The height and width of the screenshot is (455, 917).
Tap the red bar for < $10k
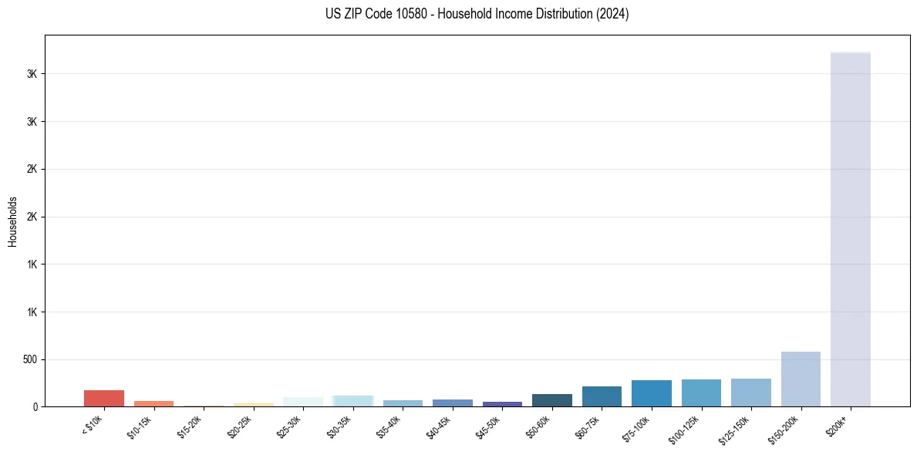pos(104,398)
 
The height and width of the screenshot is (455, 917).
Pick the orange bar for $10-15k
pos(153,403)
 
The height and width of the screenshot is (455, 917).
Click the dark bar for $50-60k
pos(552,400)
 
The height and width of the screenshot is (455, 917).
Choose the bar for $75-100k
pos(652,393)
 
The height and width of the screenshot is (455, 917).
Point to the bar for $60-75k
pos(602,396)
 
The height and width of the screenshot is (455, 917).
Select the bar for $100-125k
pos(701,393)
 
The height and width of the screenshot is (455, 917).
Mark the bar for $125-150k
pos(751,393)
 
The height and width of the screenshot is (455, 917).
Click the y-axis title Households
pos(12,221)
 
